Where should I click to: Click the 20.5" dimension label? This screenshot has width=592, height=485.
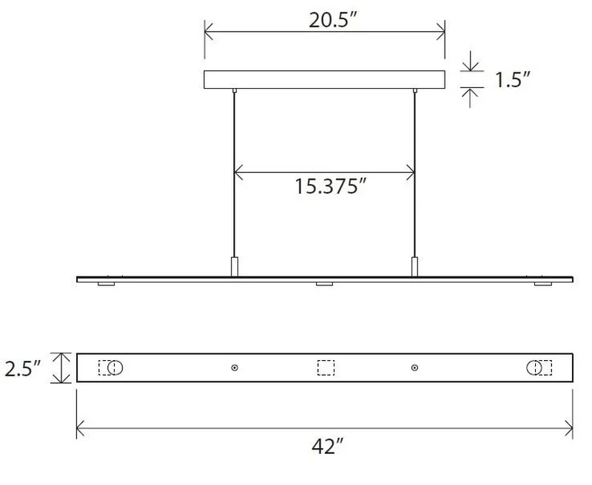pyautogui.click(x=332, y=21)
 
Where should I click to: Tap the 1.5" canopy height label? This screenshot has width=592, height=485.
pyautogui.click(x=512, y=80)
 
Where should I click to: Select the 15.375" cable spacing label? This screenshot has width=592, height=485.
pyautogui.click(x=330, y=186)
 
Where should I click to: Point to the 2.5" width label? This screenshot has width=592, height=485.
pyautogui.click(x=22, y=368)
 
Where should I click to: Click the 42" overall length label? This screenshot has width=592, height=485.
pyautogui.click(x=328, y=447)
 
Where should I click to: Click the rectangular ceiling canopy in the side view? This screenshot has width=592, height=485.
pyautogui.click(x=324, y=80)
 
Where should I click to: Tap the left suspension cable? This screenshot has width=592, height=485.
pyautogui.click(x=235, y=174)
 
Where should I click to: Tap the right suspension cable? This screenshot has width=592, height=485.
pyautogui.click(x=414, y=174)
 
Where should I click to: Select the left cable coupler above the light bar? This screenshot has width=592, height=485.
pyautogui.click(x=235, y=267)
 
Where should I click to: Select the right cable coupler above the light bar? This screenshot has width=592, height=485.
pyautogui.click(x=414, y=267)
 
